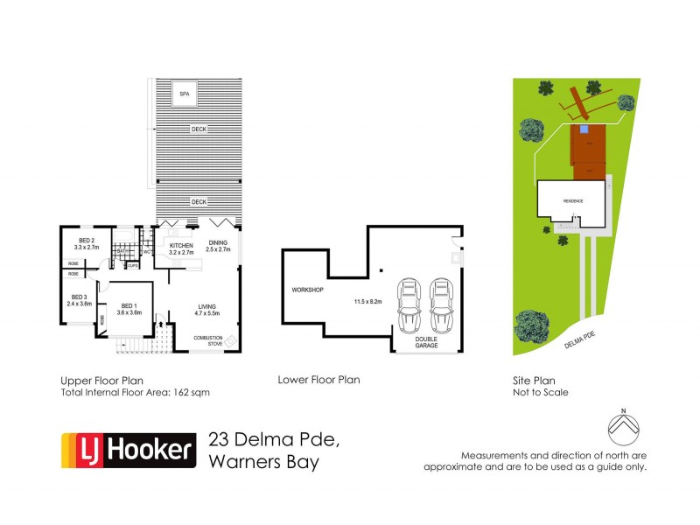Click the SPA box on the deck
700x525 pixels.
pyautogui.click(x=185, y=93)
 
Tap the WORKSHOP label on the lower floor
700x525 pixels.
pyautogui.click(x=308, y=290)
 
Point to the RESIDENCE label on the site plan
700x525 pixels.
pyautogui.click(x=572, y=201)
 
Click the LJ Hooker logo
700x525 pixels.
pyautogui.click(x=127, y=450)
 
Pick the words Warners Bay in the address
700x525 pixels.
pyautogui.click(x=263, y=461)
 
